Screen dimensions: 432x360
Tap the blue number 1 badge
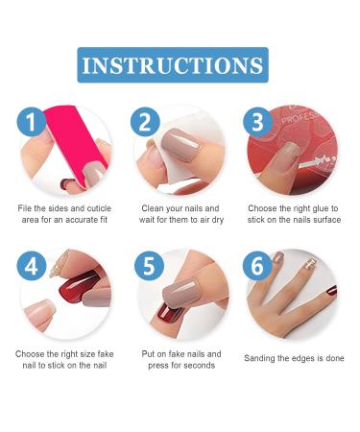32,122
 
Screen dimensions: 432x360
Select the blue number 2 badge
145,122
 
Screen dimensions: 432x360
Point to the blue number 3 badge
257,122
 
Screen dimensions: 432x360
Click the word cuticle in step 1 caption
97,207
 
